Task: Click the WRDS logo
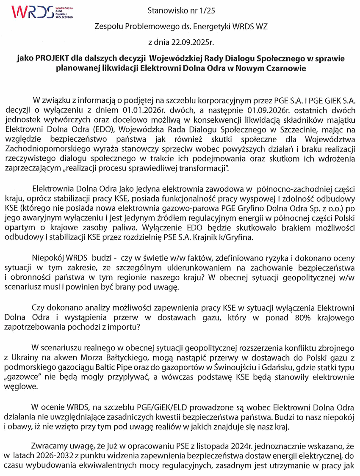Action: coord(42,13)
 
